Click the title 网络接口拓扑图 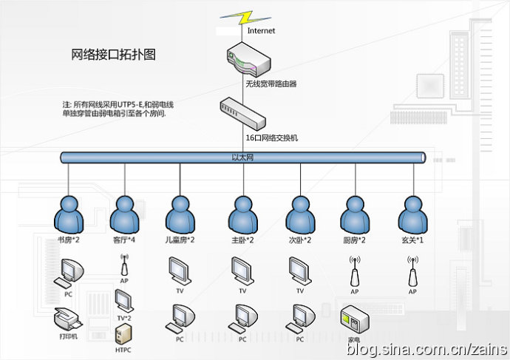113,54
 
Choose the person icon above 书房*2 68,214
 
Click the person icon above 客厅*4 124,214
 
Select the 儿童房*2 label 180,240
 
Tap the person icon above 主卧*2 242,214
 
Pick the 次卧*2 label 299,240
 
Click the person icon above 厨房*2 355,214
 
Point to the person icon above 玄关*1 412,214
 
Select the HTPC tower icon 123,332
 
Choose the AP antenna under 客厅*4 124,267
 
